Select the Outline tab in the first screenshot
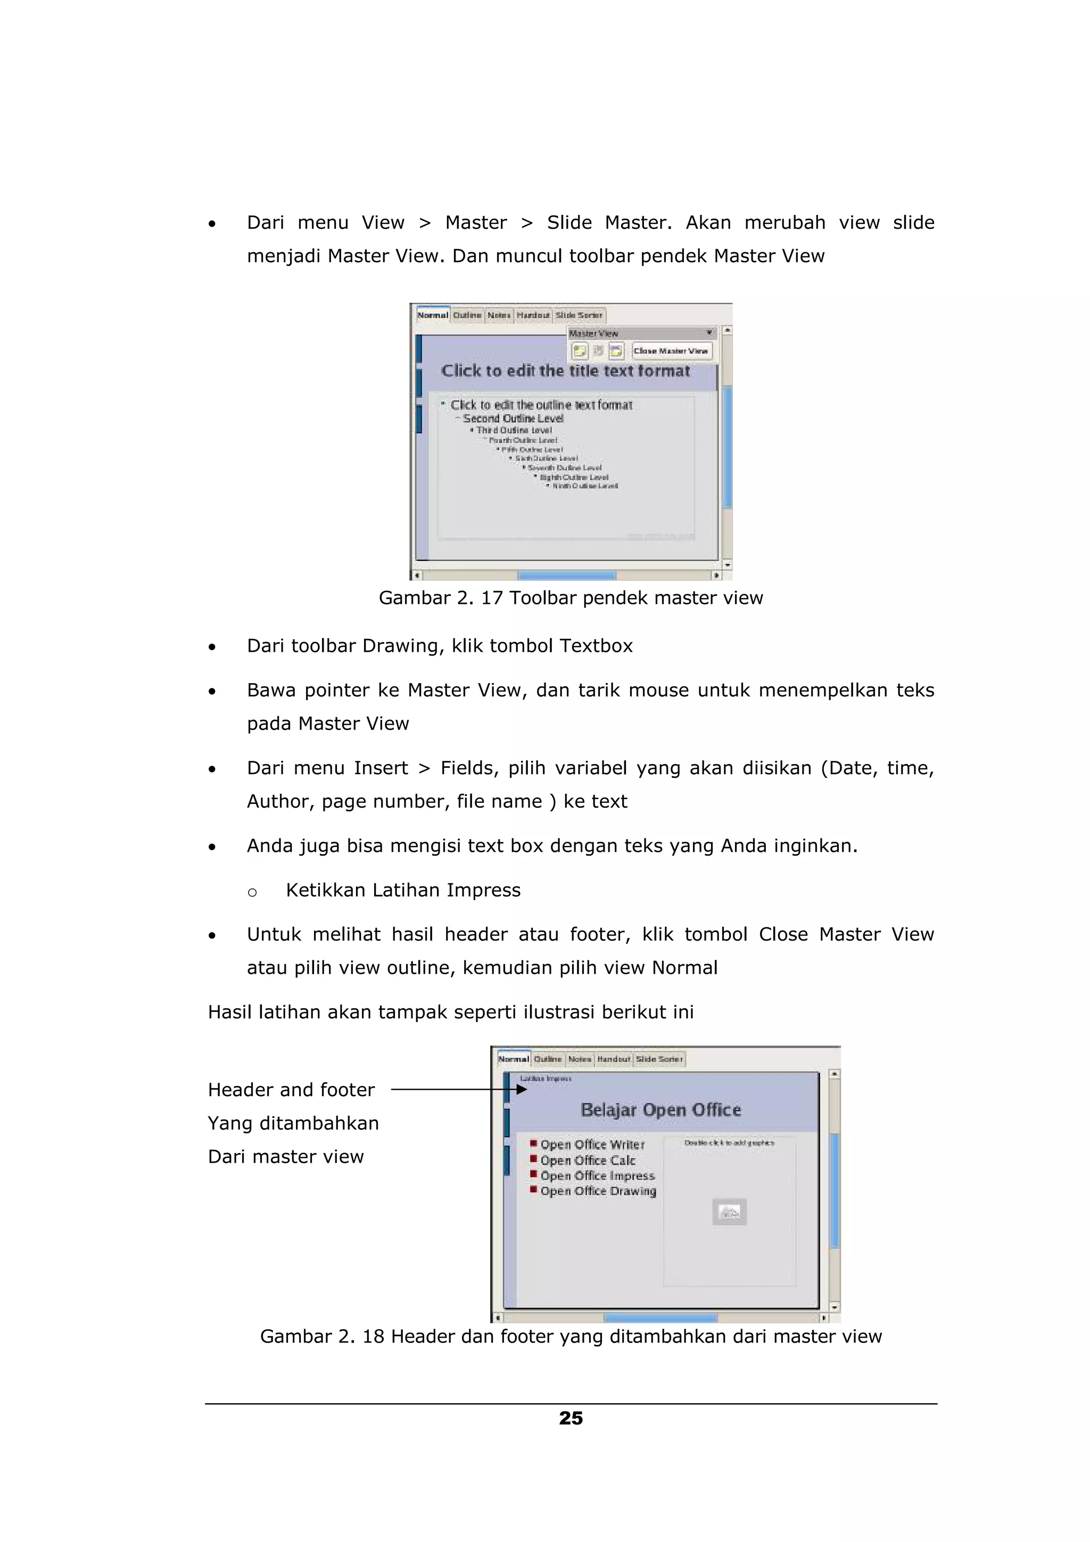click(x=467, y=315)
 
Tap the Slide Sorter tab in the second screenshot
click(x=659, y=1059)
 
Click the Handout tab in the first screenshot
click(x=533, y=315)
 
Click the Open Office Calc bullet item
click(x=588, y=1160)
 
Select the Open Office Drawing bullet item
click(x=598, y=1191)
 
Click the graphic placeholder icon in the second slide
click(x=729, y=1212)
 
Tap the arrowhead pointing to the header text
click(x=521, y=1089)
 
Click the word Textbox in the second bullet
click(x=596, y=645)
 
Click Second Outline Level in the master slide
click(x=513, y=418)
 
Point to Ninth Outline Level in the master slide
click(x=584, y=486)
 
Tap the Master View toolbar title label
click(x=593, y=333)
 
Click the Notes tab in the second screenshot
click(x=580, y=1059)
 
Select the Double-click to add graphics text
click(x=729, y=1142)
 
